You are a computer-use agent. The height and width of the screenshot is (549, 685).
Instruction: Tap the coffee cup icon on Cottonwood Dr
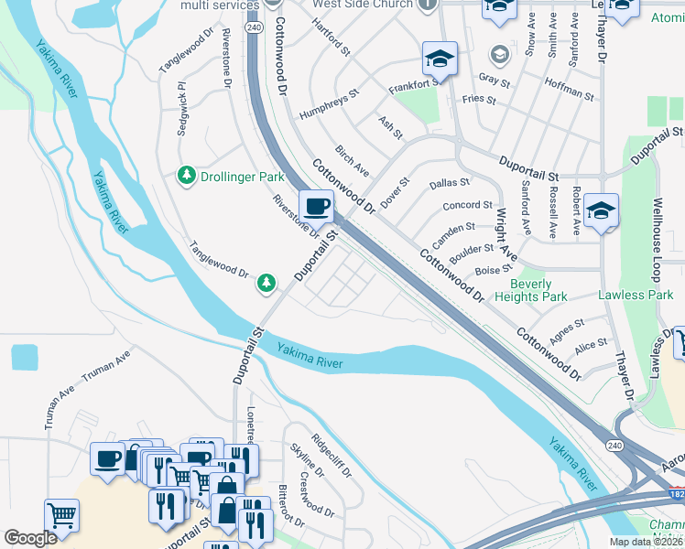tap(316, 207)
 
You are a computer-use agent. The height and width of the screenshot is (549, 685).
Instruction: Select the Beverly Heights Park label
tap(530, 290)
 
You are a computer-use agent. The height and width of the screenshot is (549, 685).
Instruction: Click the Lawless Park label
tap(636, 295)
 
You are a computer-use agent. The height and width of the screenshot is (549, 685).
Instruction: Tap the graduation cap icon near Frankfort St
tap(440, 59)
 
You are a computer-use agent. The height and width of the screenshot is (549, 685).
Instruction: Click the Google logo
tap(30, 538)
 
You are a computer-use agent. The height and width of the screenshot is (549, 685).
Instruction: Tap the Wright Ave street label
tap(506, 233)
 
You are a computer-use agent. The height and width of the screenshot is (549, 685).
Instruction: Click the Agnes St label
tap(567, 328)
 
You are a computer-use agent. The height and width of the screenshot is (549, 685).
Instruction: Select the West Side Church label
tap(363, 5)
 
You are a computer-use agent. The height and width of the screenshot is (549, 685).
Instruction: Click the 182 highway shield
tap(676, 495)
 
